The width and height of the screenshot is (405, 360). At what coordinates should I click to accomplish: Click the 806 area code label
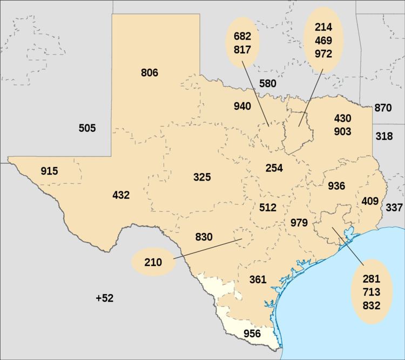tap(149, 72)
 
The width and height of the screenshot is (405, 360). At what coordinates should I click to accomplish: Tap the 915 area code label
tap(49, 171)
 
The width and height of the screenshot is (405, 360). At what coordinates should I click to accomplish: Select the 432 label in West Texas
tap(120, 195)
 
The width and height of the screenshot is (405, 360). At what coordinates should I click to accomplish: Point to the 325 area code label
tap(202, 177)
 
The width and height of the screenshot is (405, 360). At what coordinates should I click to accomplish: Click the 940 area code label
tap(242, 106)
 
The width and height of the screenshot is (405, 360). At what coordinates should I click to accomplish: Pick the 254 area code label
tap(274, 168)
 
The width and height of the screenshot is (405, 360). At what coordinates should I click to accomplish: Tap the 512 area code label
tap(267, 207)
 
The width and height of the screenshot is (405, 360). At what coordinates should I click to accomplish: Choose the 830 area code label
tap(204, 236)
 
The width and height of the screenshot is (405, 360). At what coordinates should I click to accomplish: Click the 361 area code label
tap(258, 279)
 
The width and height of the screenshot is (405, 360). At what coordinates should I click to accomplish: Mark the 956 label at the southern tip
tap(252, 334)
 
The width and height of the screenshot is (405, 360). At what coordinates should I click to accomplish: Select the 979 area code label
tap(299, 223)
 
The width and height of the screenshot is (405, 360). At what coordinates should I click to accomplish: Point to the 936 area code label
tap(336, 186)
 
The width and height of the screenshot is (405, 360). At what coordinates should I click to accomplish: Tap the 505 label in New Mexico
tap(87, 128)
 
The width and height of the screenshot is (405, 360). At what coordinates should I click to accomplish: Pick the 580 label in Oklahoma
tap(267, 83)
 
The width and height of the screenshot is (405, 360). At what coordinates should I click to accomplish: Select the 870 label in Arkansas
tap(382, 108)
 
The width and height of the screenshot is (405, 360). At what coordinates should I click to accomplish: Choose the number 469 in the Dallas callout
tap(323, 41)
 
